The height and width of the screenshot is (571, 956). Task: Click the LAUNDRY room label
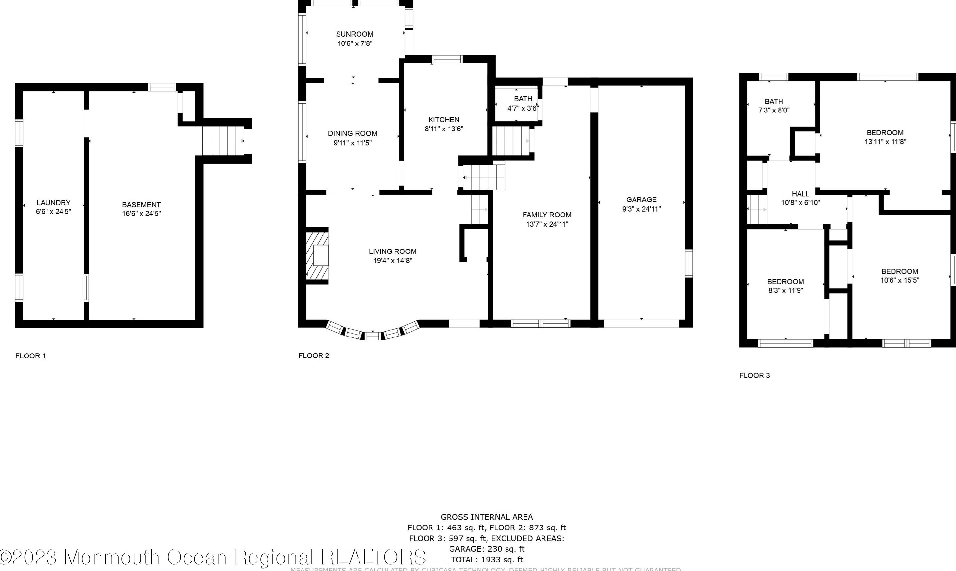pos(54,203)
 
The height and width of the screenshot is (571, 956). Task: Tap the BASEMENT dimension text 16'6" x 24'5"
pos(141,214)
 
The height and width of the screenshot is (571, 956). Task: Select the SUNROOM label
pos(354,34)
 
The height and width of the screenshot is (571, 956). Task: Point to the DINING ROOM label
pos(352,133)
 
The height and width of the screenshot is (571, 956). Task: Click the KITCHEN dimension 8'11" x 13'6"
pos(444,129)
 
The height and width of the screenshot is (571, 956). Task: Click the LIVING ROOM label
pos(393,251)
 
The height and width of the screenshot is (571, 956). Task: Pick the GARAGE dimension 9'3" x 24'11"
pos(641,209)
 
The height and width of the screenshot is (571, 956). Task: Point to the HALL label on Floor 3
pos(800,194)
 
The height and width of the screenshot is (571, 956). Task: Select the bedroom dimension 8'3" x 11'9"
pos(785,290)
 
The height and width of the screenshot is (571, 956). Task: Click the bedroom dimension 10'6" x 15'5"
pos(900,280)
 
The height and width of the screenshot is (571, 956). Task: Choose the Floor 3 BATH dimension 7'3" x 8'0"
pos(774,110)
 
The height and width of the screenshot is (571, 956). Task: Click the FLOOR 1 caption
pos(30,356)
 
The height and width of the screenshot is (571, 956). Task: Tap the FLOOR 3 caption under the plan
pos(754,375)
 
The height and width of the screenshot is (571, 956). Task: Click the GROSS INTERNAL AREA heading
pos(487,517)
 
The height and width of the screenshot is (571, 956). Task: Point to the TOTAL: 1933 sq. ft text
pos(487,560)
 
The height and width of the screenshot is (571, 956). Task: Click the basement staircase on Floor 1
pos(223,141)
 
